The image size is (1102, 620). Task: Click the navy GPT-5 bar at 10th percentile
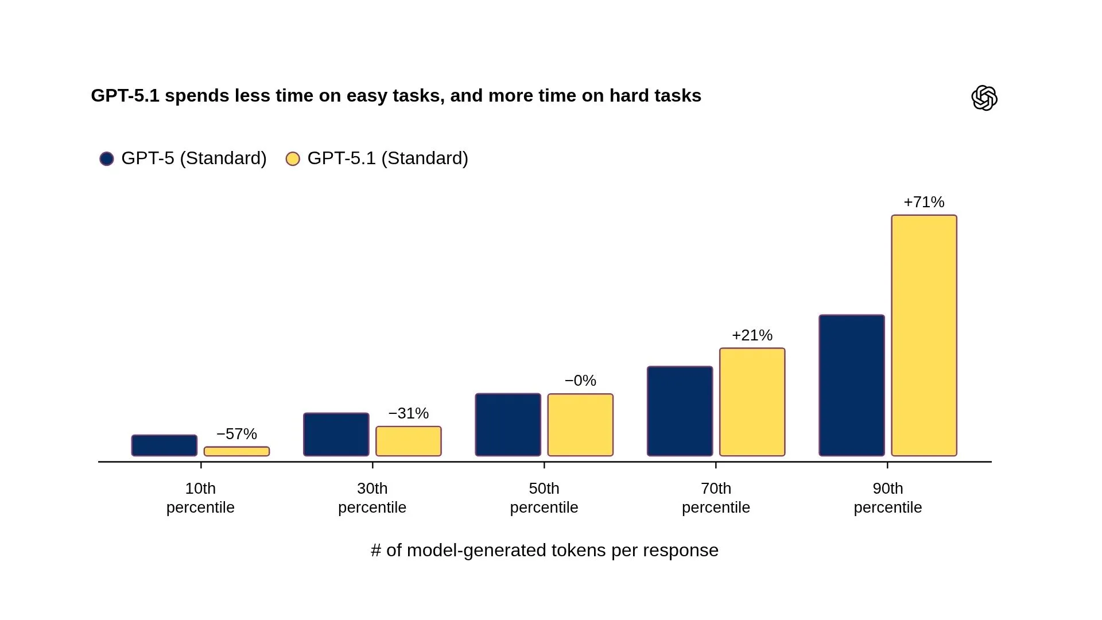point(164,445)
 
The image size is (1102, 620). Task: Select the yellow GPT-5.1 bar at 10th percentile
point(236,452)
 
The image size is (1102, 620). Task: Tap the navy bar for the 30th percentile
point(336,435)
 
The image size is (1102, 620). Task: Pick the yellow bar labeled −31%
point(409,441)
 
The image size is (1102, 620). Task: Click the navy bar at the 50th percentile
point(508,425)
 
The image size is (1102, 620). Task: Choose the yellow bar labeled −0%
point(580,425)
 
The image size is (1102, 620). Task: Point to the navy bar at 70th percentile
point(680,411)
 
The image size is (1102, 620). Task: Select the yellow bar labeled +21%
point(752,402)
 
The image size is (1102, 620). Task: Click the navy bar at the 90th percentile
point(852,385)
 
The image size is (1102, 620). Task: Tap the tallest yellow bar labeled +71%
point(924,336)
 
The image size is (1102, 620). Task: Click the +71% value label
point(924,202)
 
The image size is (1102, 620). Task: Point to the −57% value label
point(236,434)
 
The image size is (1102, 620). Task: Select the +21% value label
point(752,335)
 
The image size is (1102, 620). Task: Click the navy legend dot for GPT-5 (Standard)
point(107,158)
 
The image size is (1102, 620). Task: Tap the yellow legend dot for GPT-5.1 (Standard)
point(293,158)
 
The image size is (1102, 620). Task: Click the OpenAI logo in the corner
point(984,98)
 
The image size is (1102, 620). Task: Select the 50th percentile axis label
point(544,498)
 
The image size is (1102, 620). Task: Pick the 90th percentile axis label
point(888,498)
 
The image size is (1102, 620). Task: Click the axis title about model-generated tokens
point(545,550)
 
